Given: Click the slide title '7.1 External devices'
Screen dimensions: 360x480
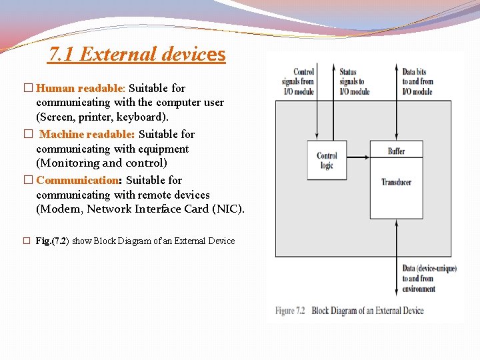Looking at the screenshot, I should (137, 54).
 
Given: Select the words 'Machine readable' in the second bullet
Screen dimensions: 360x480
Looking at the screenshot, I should (87, 134).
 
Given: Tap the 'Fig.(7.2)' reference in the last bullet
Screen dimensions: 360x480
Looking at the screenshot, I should (51, 241).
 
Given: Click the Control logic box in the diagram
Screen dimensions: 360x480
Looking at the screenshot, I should (327, 161).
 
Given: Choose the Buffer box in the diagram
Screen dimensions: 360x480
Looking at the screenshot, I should (396, 151).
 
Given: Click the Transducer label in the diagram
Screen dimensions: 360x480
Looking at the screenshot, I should (396, 182).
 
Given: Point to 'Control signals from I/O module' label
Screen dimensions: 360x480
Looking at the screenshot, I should (303, 81).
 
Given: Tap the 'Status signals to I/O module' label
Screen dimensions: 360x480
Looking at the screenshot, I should (353, 81).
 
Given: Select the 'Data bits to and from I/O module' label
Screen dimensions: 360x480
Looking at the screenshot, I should (418, 81).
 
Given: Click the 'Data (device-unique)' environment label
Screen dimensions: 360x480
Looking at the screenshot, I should (429, 269).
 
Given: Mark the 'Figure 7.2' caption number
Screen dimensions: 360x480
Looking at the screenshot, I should (290, 311).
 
